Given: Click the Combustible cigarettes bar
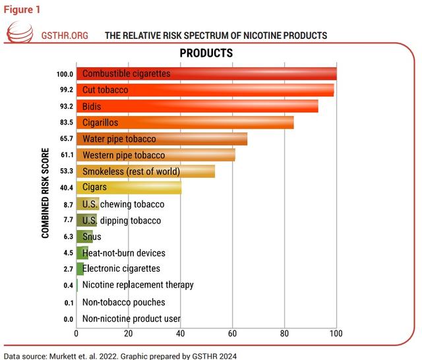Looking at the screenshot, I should (x=206, y=73).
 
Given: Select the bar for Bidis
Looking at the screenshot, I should (x=197, y=106).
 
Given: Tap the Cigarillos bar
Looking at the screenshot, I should (x=185, y=122).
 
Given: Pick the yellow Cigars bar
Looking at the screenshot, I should (x=129, y=187).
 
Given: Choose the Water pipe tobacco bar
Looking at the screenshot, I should (x=162, y=138).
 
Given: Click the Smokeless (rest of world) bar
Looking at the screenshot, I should (x=145, y=171).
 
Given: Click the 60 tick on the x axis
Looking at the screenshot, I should (x=233, y=333).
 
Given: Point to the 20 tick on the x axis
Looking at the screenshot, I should (x=129, y=333).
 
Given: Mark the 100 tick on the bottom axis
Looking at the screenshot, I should (x=336, y=333).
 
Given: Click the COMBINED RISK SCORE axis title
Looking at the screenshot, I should (x=45, y=197).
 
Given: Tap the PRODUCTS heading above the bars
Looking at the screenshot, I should (x=206, y=52).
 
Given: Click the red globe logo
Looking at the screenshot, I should (x=19, y=35).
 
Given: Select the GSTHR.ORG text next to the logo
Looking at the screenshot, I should (x=65, y=35).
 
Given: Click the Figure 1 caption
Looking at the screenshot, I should (x=22, y=9).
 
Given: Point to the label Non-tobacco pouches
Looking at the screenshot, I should (x=123, y=303).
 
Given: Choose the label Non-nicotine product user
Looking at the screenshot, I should (x=131, y=319).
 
